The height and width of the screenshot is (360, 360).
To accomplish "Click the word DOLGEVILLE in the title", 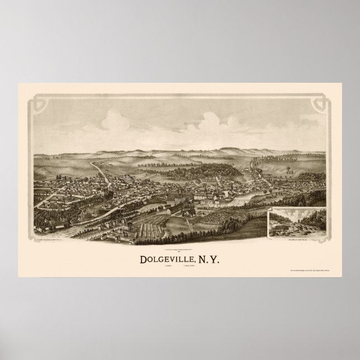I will pos(162,244).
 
